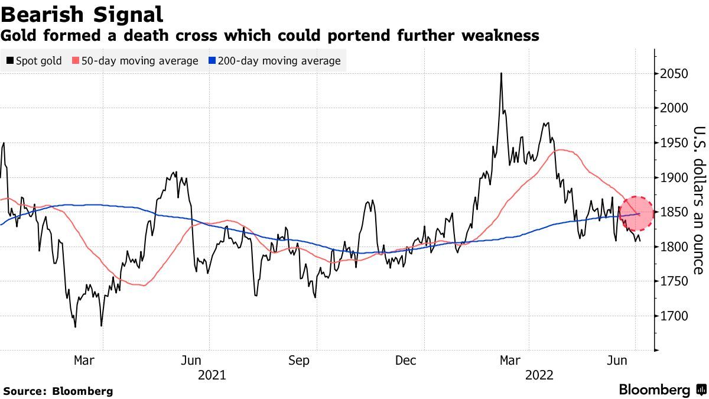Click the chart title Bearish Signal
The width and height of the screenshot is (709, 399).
coord(82,13)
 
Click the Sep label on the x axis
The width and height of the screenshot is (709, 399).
coord(299,361)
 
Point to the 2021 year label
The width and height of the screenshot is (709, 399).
coord(212,375)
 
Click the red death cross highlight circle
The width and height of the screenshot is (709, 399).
coord(637,214)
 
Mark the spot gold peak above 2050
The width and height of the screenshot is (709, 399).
coord(501,73)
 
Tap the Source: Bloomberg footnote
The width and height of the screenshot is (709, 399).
coord(58,391)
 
